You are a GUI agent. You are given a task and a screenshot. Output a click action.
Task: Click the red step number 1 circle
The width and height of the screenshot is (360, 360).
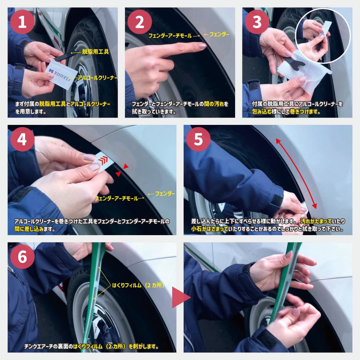pyautogui.click(x=22, y=22)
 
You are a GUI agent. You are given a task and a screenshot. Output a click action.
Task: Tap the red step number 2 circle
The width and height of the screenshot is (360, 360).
pyautogui.click(x=140, y=22)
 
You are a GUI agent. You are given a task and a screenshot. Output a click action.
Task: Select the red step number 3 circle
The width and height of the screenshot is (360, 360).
pyautogui.click(x=257, y=22)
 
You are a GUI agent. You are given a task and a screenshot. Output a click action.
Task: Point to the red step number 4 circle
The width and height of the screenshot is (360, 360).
pyautogui.click(x=22, y=139)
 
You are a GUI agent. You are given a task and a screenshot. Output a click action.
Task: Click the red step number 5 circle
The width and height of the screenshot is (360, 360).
pyautogui.click(x=198, y=139)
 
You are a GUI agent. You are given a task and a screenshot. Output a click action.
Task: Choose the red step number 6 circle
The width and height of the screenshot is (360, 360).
pyautogui.click(x=22, y=257)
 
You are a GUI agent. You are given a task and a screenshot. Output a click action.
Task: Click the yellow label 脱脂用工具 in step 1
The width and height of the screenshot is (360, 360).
pyautogui.click(x=96, y=52)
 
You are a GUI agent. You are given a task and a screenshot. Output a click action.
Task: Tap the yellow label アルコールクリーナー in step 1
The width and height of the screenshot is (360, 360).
pyautogui.click(x=97, y=78)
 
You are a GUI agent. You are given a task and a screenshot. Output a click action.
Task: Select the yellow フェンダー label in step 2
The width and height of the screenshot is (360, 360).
pyautogui.click(x=219, y=34)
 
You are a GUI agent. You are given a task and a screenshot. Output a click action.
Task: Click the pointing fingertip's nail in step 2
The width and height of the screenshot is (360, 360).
pyautogui.click(x=202, y=46)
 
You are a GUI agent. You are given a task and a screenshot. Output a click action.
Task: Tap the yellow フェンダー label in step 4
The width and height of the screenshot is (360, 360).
pyautogui.click(x=165, y=194)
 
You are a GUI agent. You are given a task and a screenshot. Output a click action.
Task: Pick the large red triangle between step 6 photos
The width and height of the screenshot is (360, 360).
pyautogui.click(x=181, y=297)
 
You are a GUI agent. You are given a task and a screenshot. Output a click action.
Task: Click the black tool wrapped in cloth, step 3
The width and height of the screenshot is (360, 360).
pyautogui.click(x=296, y=61)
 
